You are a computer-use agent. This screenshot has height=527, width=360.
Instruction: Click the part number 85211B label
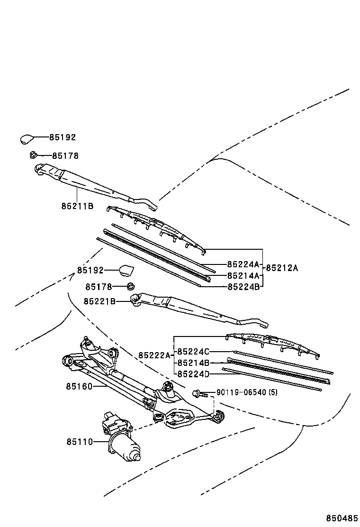[x=77, y=206]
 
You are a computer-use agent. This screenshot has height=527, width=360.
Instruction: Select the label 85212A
[x=282, y=268]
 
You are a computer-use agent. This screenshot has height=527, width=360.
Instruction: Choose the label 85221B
[x=99, y=301]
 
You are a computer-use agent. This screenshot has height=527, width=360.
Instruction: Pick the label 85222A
[x=154, y=355]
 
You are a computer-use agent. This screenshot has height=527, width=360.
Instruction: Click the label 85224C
[x=193, y=352]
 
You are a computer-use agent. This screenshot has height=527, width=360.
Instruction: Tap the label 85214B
[x=193, y=363]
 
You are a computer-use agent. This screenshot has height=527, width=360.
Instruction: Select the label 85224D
[x=193, y=374]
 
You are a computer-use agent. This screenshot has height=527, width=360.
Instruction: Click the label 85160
[x=79, y=386]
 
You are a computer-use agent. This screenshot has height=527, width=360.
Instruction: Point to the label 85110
[x=79, y=442]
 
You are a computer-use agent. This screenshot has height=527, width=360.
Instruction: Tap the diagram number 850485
[x=341, y=518]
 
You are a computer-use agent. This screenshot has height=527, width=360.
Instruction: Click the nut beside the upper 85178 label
[x=33, y=155]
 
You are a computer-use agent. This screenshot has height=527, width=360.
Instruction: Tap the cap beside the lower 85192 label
[x=126, y=271]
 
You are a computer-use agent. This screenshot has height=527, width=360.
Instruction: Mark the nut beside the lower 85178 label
[x=131, y=286]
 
